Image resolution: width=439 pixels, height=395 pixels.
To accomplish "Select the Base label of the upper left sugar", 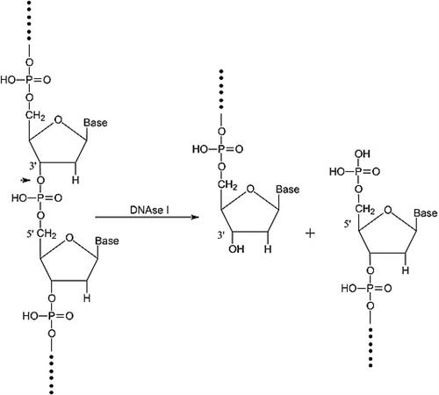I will tap(95, 123).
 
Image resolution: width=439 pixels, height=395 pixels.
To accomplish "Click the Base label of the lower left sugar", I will tap(95, 241).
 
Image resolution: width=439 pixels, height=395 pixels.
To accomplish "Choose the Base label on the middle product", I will tap(288, 190).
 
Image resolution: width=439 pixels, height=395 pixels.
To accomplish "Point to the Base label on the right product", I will tap(425, 213).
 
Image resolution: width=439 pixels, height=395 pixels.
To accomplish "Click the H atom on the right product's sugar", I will tap(405, 272).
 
